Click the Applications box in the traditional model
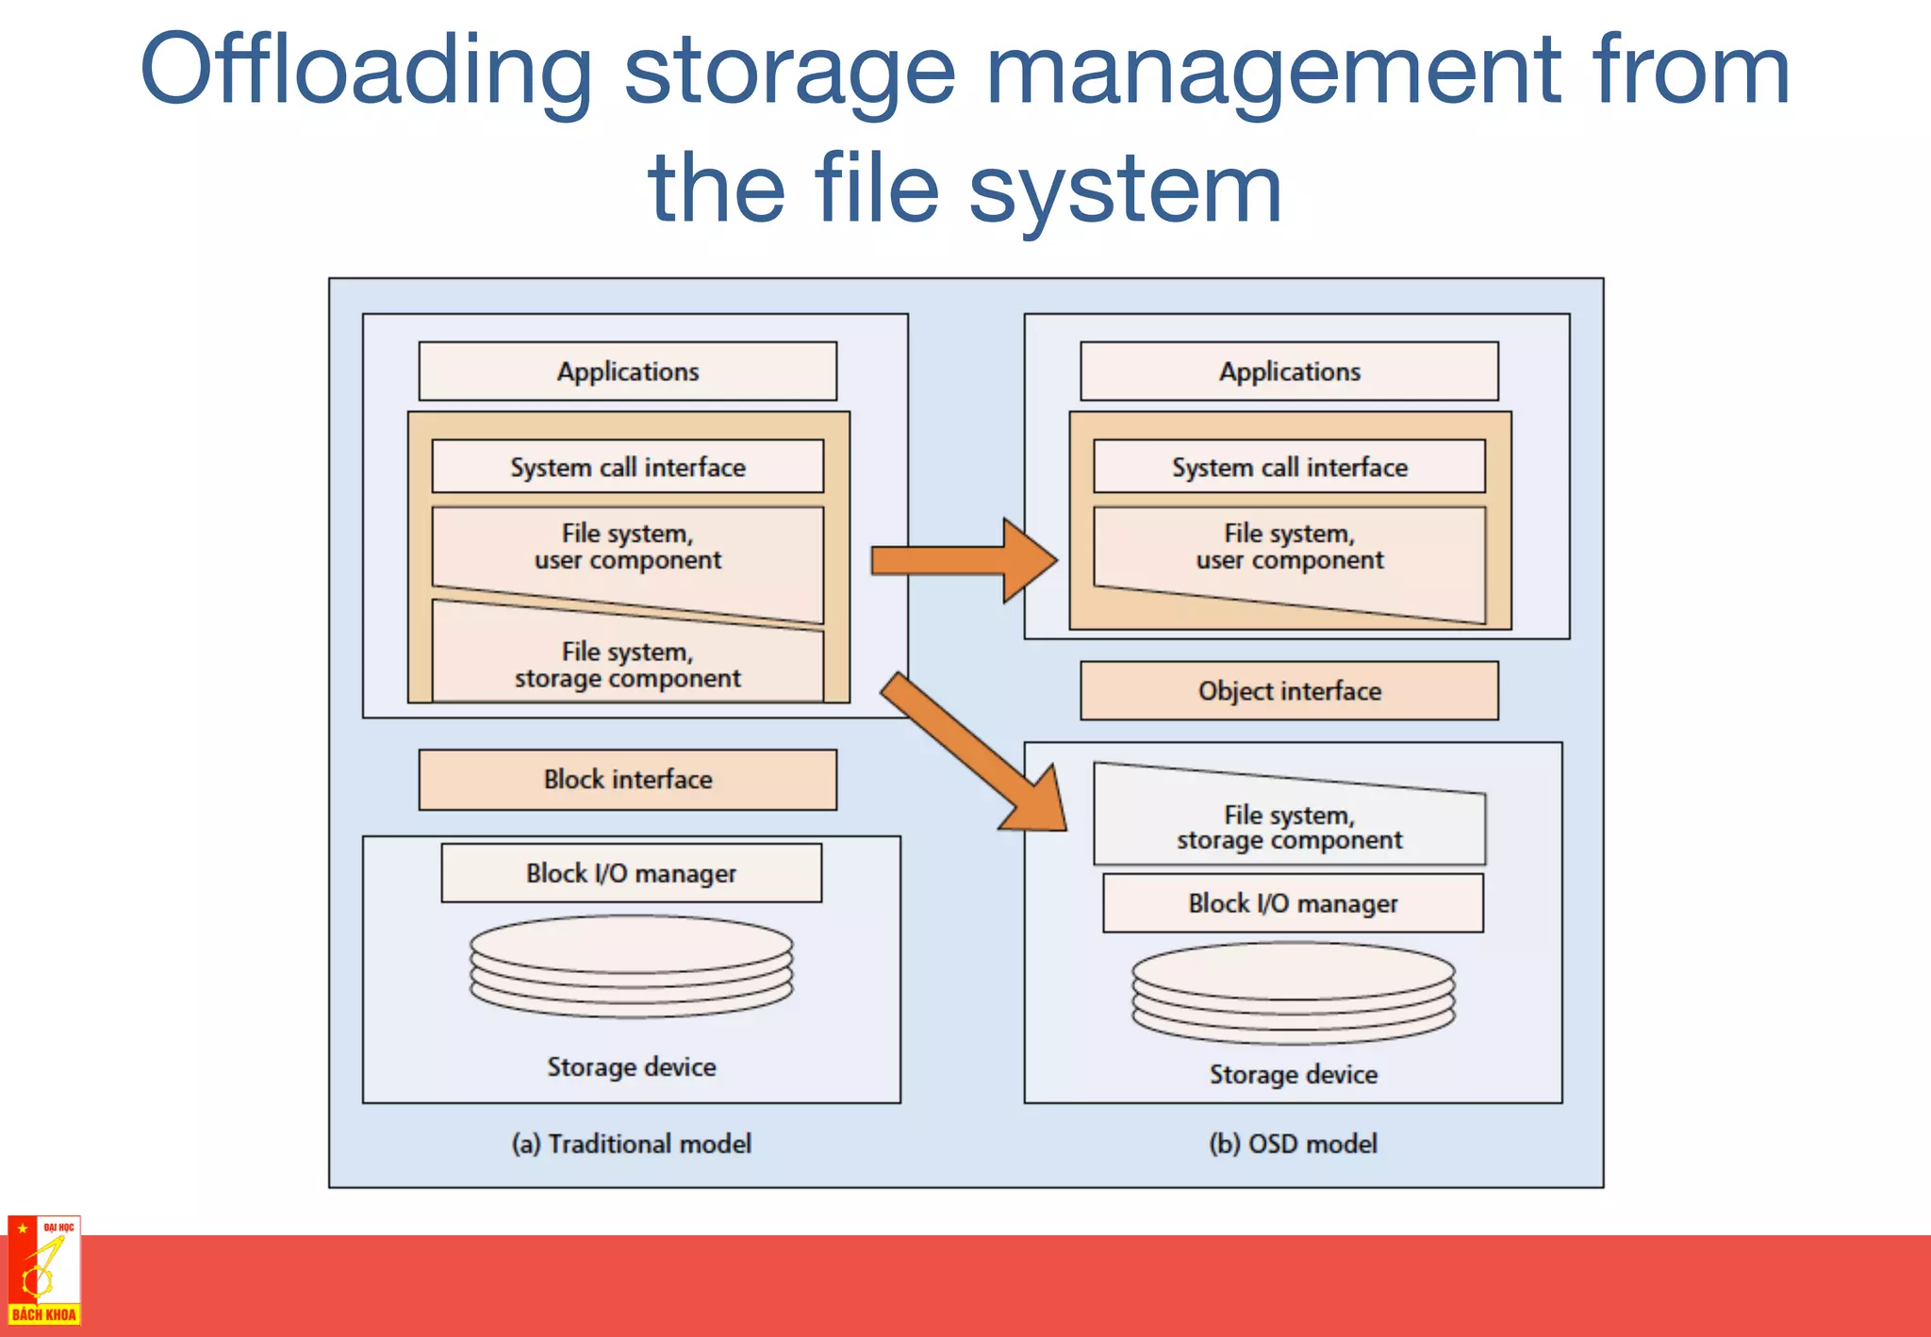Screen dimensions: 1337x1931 pos(627,371)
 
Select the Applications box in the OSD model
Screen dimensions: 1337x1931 pos(1289,371)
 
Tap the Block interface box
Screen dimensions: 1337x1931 pos(627,780)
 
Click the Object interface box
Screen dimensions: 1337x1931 pos(1289,691)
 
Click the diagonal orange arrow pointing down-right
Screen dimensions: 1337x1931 pos(971,750)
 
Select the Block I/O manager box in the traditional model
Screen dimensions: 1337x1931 pos(631,873)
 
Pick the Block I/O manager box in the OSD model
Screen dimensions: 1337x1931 pos(1293,903)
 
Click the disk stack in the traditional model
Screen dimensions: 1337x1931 pos(631,966)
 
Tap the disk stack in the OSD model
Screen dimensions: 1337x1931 pos(1293,993)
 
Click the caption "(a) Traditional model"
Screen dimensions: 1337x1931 pos(631,1144)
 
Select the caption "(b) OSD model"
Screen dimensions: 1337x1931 pos(1293,1144)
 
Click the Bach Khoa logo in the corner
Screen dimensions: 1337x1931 pos(44,1270)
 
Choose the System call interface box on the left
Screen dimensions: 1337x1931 pos(627,467)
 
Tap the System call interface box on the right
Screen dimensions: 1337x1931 pos(1289,467)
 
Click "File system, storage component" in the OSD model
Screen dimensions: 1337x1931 pos(1289,827)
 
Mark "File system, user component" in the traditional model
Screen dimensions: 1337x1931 pos(627,548)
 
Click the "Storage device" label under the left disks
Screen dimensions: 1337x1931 pos(631,1066)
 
